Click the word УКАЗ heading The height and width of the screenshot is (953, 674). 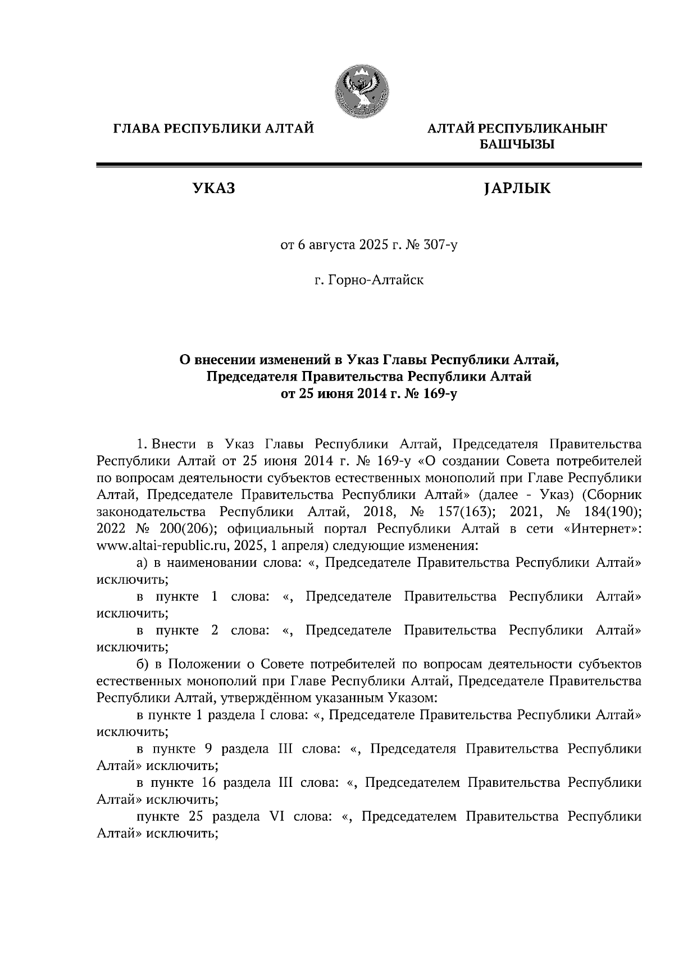tap(213, 189)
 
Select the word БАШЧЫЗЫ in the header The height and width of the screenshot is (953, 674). tap(516, 145)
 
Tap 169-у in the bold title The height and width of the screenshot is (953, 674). tap(440, 393)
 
